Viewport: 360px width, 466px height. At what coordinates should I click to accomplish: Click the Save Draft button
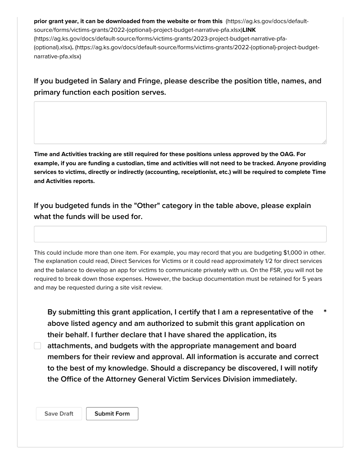click(x=59, y=414)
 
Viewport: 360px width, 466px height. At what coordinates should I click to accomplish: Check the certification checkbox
click(x=38, y=346)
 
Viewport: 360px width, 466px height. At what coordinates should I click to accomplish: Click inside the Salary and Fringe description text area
click(x=180, y=122)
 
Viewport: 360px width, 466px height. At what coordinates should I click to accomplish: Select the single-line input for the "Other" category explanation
click(x=180, y=234)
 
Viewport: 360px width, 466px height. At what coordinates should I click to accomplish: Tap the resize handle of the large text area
click(x=324, y=141)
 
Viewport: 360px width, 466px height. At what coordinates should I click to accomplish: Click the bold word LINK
click(x=249, y=30)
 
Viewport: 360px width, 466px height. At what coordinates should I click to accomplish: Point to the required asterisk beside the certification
click(x=325, y=312)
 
